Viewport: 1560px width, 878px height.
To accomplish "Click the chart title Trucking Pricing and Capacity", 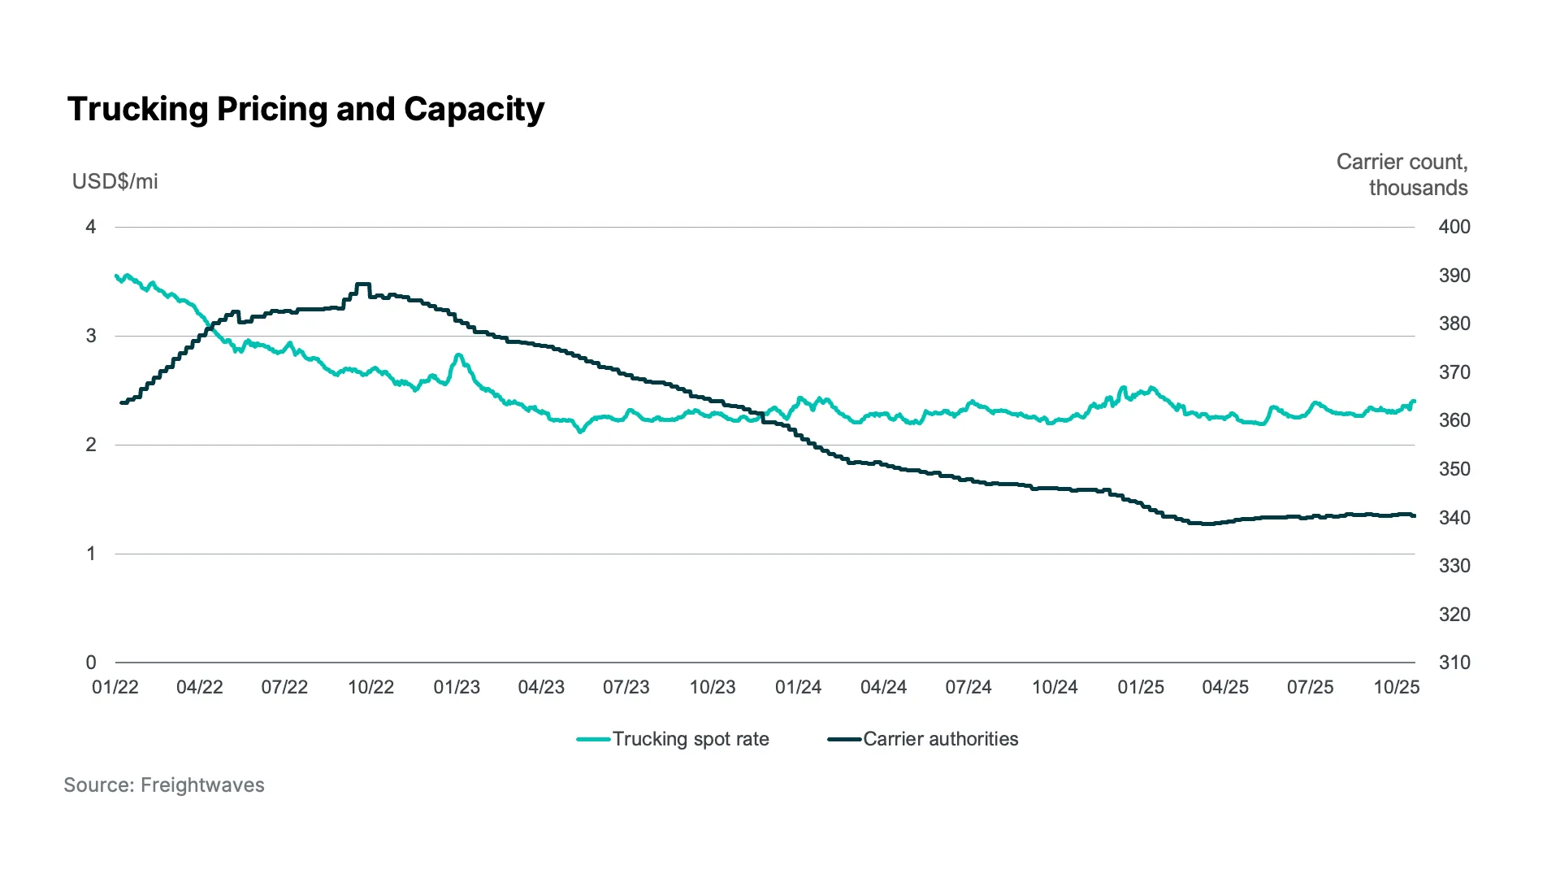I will (x=305, y=109).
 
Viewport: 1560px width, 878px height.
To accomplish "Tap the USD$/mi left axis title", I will (x=115, y=181).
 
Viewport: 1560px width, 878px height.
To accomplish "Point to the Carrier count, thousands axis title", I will (x=1402, y=175).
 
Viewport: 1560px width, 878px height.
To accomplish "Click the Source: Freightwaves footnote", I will (x=164, y=785).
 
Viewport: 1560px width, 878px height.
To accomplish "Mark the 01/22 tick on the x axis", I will (x=115, y=688).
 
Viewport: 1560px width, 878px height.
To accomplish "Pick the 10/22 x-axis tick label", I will (x=370, y=688).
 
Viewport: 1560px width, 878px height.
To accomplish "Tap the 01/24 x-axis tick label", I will (x=798, y=688).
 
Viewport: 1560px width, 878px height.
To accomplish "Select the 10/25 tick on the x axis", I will (x=1396, y=688).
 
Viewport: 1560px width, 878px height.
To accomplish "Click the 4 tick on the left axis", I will (x=91, y=227).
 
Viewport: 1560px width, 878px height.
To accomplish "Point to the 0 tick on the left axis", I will (x=91, y=663).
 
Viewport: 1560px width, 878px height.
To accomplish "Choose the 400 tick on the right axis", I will (x=1454, y=227).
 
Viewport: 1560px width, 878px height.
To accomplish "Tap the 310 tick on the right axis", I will (x=1454, y=663).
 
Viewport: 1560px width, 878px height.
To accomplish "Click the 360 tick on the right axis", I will (x=1454, y=420).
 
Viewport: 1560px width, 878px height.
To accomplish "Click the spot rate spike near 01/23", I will (x=458, y=355).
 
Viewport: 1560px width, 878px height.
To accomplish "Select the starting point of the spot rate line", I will (x=117, y=276).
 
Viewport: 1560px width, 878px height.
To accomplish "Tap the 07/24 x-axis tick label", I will (x=968, y=688).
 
